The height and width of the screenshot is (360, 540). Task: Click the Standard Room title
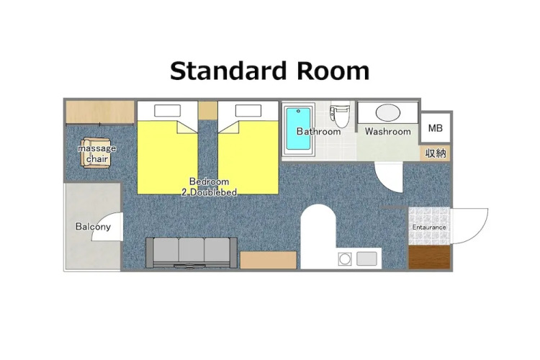(x=270, y=71)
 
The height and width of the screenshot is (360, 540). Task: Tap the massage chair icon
(x=96, y=153)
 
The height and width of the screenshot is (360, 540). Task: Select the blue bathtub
(x=298, y=129)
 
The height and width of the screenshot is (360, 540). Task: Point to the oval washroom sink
(x=388, y=112)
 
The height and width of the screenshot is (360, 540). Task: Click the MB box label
(x=436, y=128)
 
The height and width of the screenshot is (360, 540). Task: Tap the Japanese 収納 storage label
(x=436, y=153)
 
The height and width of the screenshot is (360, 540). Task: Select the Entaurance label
(x=429, y=228)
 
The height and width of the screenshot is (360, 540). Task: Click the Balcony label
(x=93, y=226)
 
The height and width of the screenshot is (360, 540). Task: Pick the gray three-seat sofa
(x=192, y=253)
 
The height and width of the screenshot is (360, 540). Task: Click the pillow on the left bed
(x=167, y=111)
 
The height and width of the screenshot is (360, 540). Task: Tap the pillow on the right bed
(x=248, y=111)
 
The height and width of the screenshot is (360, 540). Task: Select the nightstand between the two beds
(x=208, y=110)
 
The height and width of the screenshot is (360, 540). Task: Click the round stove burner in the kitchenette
(x=345, y=258)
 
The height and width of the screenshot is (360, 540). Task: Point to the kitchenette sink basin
(x=366, y=258)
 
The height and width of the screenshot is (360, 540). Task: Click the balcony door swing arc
(x=102, y=220)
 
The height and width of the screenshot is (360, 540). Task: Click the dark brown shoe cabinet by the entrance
(x=429, y=257)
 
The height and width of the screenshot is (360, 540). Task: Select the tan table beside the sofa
(x=269, y=260)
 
